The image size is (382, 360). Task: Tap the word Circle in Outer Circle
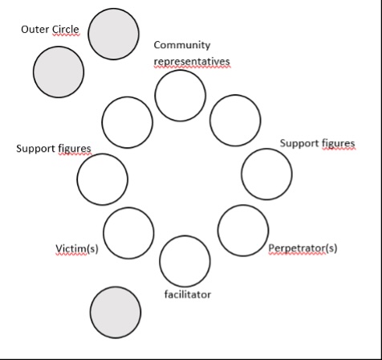[x=66, y=29]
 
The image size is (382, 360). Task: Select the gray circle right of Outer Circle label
[x=113, y=34]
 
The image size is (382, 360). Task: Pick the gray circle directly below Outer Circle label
[x=59, y=72]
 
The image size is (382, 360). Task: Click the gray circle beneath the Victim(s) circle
[x=116, y=313]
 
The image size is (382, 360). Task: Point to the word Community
[x=182, y=45]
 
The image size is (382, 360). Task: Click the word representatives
[x=192, y=61]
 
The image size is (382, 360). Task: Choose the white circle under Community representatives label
[x=181, y=96]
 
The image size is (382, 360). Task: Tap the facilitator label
[x=188, y=294]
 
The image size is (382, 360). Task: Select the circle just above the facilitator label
[x=185, y=261]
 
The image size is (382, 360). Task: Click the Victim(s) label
[x=77, y=248]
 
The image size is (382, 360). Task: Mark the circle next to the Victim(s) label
[x=128, y=233]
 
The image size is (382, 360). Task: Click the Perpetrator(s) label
[x=303, y=248]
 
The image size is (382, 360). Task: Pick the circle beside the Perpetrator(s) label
[x=243, y=231]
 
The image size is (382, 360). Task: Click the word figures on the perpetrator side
[x=339, y=143]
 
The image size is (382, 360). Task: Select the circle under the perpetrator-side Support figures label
[x=266, y=174]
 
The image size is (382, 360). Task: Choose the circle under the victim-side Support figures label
[x=103, y=179]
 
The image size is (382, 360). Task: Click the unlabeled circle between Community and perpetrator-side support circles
[x=235, y=121]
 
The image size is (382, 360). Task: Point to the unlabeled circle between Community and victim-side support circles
[x=128, y=122]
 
